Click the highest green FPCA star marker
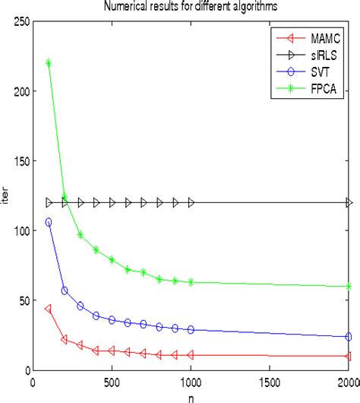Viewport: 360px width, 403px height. (49, 63)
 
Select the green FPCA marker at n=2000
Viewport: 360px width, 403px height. (349, 287)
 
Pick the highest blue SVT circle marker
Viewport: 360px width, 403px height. (49, 222)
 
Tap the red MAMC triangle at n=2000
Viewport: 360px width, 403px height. (349, 356)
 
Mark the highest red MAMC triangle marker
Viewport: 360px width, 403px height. (49, 309)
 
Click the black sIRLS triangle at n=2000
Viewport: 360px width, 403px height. (349, 202)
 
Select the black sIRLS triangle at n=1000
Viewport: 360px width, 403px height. (191, 202)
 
